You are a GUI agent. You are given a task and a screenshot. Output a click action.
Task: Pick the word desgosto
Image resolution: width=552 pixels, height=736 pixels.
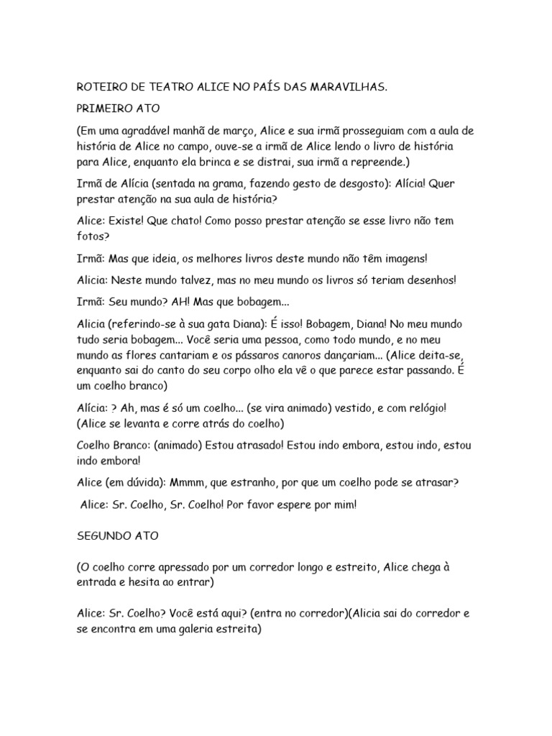pos(356,183)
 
